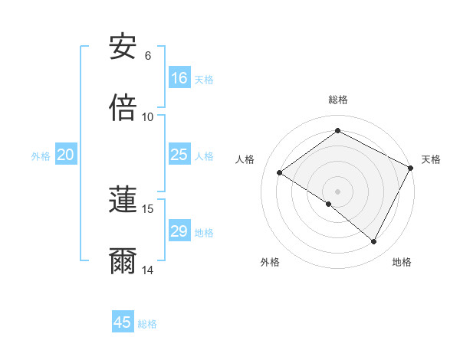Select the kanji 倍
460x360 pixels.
pyautogui.click(x=123, y=108)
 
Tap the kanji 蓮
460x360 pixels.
pyautogui.click(x=123, y=200)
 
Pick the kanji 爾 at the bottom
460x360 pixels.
pyautogui.click(x=123, y=261)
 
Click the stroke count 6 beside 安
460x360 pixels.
pyautogui.click(x=148, y=56)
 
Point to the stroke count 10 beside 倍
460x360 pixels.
pyautogui.click(x=148, y=117)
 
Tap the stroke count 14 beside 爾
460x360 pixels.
pyautogui.click(x=148, y=270)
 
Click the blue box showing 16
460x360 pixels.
pyautogui.click(x=179, y=78)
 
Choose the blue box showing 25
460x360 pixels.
pyautogui.click(x=179, y=155)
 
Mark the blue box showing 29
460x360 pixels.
pyautogui.click(x=179, y=232)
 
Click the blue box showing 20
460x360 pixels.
pyautogui.click(x=66, y=155)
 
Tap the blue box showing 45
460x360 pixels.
pyautogui.click(x=123, y=322)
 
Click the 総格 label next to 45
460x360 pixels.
pyautogui.click(x=148, y=324)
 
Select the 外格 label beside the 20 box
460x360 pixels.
pyautogui.click(x=41, y=156)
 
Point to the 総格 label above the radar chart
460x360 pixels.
pyautogui.click(x=337, y=100)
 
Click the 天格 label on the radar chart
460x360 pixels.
pyautogui.click(x=431, y=159)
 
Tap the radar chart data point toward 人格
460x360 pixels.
pyautogui.click(x=280, y=172)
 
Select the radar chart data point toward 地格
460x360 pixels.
pyautogui.click(x=374, y=242)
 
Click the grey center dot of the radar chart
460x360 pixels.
pyautogui.click(x=337, y=191)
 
